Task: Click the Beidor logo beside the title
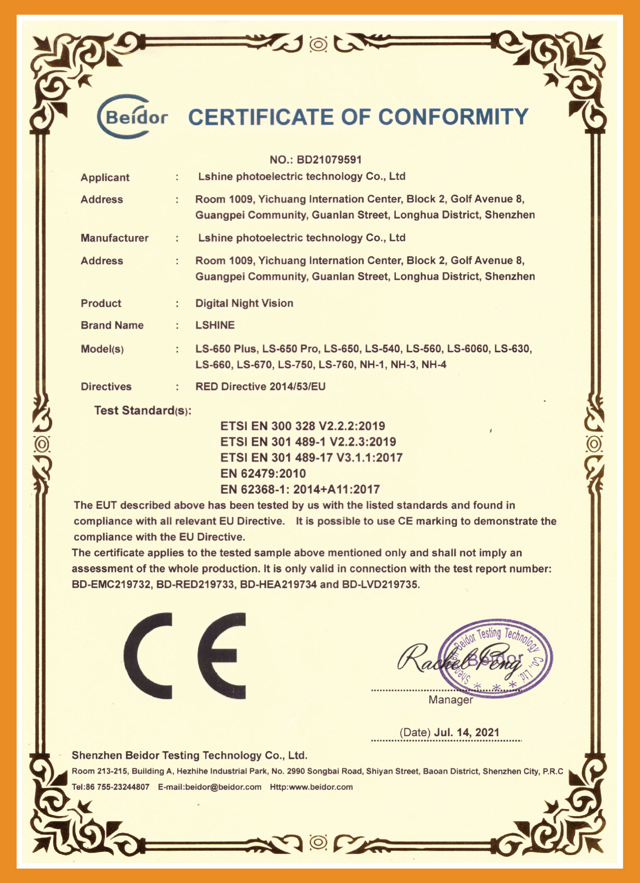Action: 132,117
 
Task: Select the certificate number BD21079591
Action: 329,160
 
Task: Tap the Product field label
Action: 101,303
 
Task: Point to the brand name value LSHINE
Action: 215,325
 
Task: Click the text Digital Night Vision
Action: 244,303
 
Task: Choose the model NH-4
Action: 434,365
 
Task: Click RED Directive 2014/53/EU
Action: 260,387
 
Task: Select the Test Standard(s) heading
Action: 142,411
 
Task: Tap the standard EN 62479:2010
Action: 263,474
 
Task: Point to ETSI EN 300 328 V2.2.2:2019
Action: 302,426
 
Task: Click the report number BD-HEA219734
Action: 278,584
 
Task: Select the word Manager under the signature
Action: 450,700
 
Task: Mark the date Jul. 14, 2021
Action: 466,732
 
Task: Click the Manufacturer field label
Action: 114,238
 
